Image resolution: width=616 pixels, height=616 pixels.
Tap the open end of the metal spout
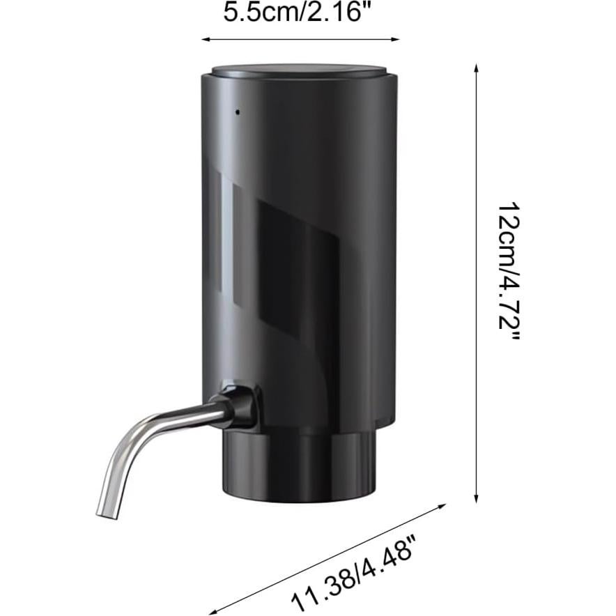click(x=105, y=514)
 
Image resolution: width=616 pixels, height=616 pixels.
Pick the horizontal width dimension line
click(x=300, y=40)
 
